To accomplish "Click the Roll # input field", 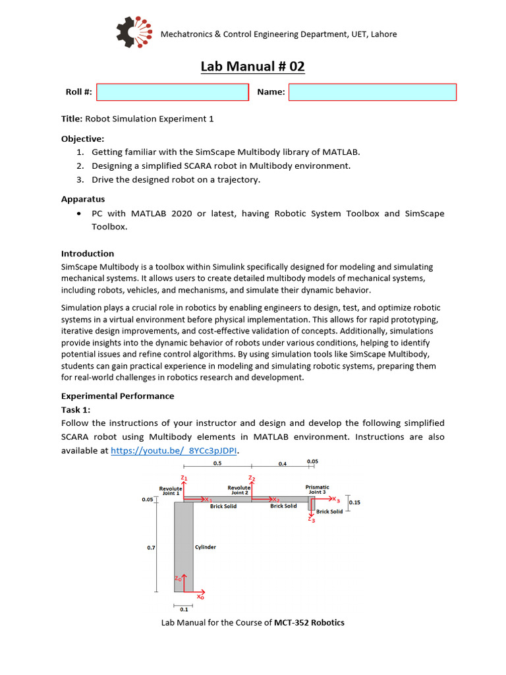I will point(173,92).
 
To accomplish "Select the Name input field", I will point(372,92).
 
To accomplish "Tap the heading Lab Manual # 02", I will point(253,67).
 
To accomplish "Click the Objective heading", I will point(82,139).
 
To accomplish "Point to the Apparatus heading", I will point(83,198).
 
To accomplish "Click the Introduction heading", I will point(88,253).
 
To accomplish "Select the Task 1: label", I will point(76,409).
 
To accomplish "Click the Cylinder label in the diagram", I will point(205,547).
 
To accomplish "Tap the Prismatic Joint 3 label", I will point(317,489).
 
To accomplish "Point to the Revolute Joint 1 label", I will point(170,491).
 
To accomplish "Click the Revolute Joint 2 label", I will point(239,490).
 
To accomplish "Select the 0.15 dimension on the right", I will point(354,502).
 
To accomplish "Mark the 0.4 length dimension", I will point(282,464).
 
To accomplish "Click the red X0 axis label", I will point(200,597).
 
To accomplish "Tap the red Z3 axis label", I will point(312,520).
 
